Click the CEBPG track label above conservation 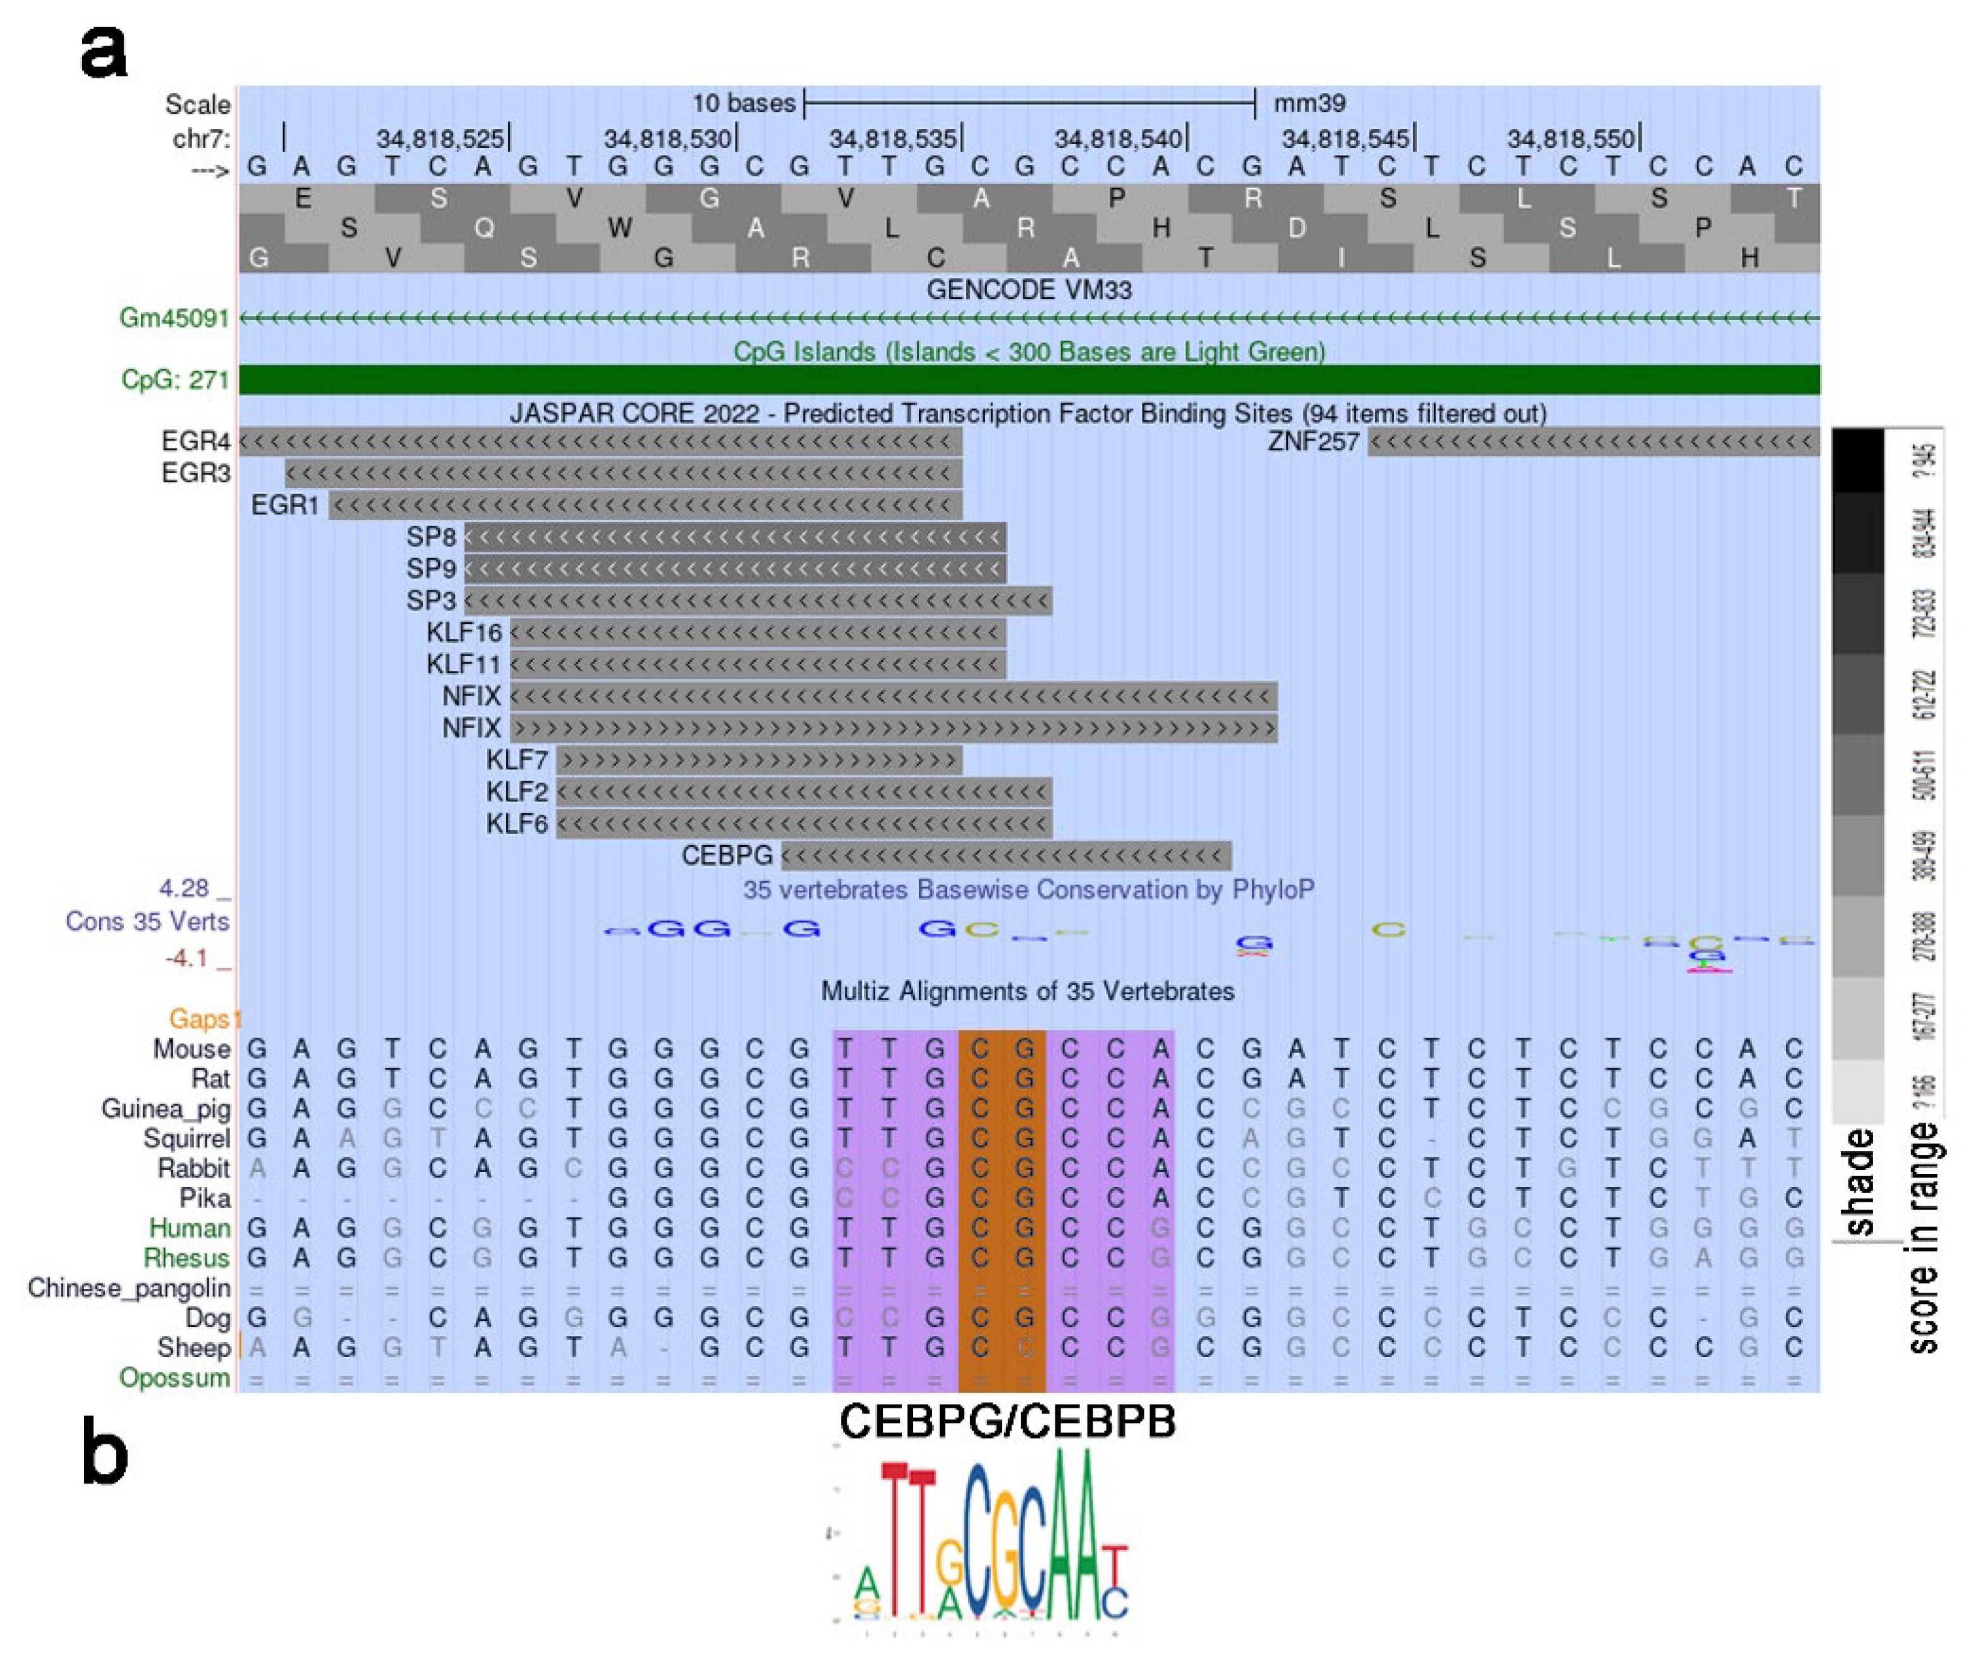tap(727, 856)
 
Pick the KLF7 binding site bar tap(758, 760)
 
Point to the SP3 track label tap(430, 601)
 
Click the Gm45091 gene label tap(174, 318)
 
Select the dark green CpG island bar tap(1028, 379)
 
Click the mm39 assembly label tap(1309, 103)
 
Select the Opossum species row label tap(174, 1378)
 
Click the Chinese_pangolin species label tap(128, 1288)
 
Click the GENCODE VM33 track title tap(1028, 290)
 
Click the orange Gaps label tap(200, 1020)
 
